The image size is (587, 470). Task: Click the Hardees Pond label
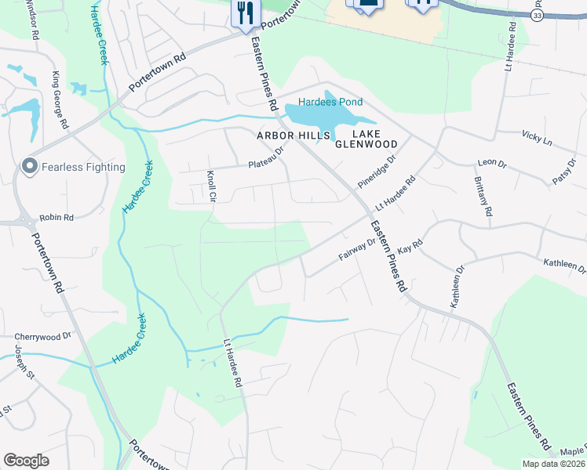[330, 102]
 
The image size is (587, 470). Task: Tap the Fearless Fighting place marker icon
[30, 166]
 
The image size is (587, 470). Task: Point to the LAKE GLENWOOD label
[366, 138]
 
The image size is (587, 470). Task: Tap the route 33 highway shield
[537, 16]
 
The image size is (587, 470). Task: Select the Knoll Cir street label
[210, 186]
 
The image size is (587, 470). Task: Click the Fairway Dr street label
[357, 248]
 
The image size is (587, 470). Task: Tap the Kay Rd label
[410, 248]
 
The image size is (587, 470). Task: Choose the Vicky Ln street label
[537, 138]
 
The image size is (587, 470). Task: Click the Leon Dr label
[487, 163]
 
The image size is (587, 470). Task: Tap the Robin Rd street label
[56, 217]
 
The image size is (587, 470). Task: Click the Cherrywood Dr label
[43, 334]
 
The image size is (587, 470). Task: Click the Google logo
[26, 461]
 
